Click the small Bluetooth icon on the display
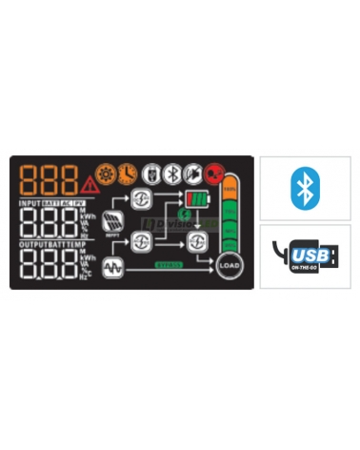172,174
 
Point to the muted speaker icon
192,174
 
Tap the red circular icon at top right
216,175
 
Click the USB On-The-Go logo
305,256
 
